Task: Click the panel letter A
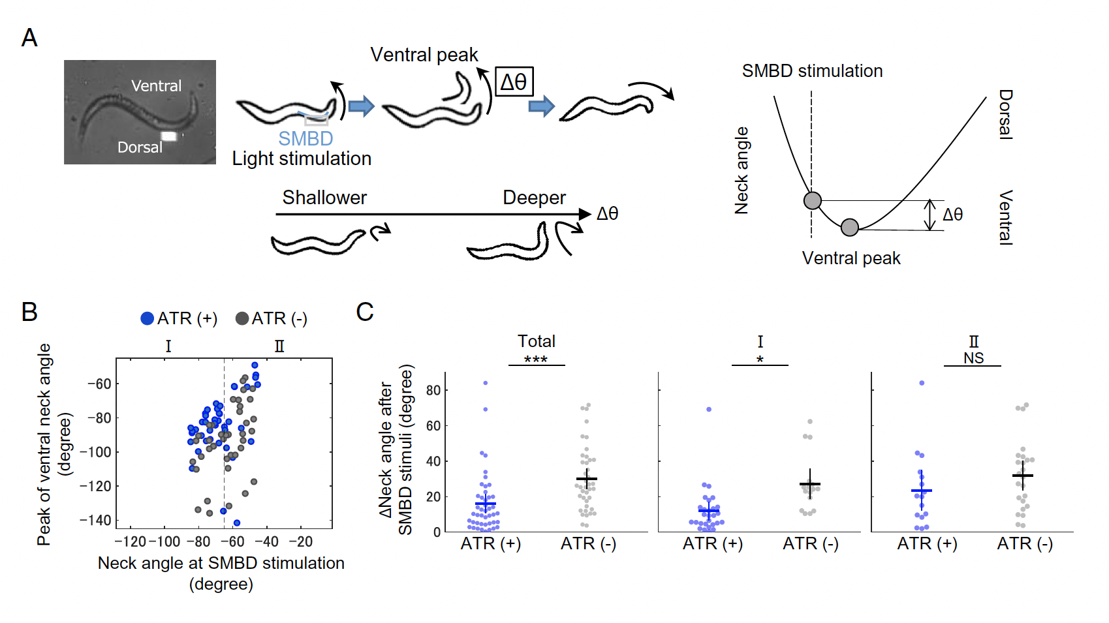(29, 38)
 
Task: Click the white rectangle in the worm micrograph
(169, 136)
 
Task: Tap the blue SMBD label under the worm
(305, 138)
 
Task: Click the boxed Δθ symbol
(514, 82)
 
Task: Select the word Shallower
(324, 198)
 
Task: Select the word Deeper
(534, 198)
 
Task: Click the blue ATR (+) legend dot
(147, 318)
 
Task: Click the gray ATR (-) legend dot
(242, 318)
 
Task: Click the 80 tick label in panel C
(433, 390)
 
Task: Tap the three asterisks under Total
(536, 359)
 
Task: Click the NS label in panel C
(973, 357)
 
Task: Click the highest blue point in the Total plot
(486, 383)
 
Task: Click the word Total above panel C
(536, 341)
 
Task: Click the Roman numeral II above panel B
(280, 346)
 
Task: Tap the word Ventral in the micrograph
(156, 85)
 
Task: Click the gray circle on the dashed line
(813, 200)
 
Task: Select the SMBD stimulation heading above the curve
(813, 70)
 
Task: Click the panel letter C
(365, 312)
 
